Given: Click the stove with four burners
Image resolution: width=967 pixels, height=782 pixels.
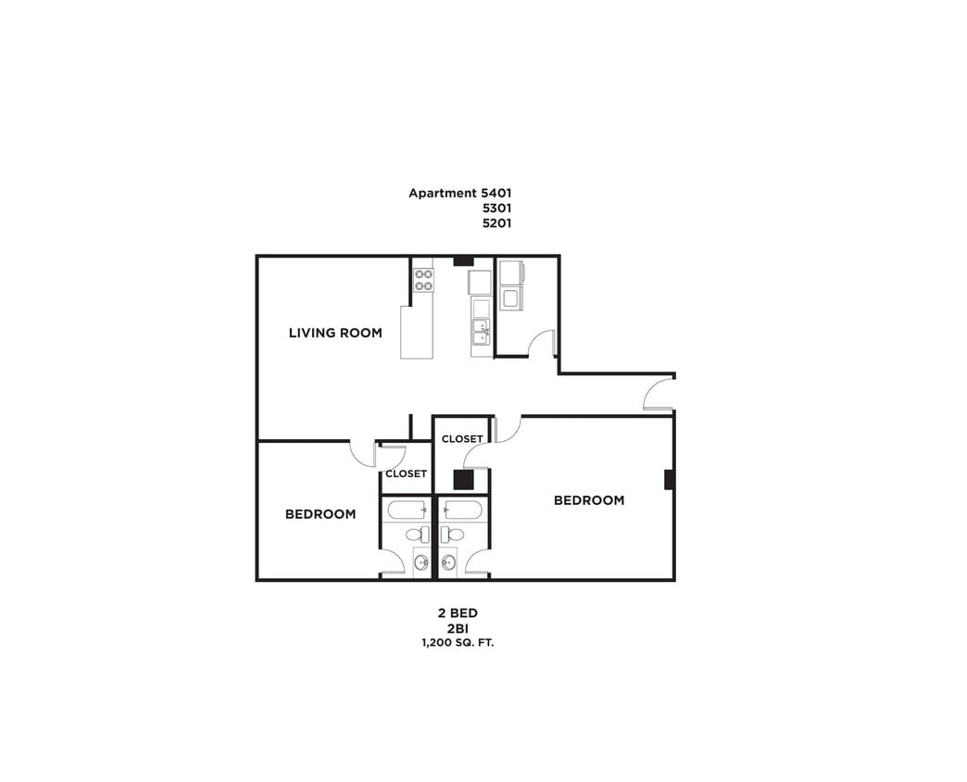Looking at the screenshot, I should click(x=423, y=280).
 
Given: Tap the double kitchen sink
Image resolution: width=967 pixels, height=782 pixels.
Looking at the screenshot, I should click(x=482, y=332).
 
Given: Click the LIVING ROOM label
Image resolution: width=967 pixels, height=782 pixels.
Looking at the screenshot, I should click(x=335, y=333).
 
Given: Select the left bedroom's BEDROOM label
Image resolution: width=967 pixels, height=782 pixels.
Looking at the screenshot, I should click(x=320, y=514).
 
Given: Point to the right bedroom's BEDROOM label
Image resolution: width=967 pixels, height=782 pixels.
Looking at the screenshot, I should click(x=589, y=500).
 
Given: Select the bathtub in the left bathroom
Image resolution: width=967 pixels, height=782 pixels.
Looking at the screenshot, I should click(x=407, y=510).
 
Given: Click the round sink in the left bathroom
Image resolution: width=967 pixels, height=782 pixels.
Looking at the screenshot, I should click(x=421, y=562).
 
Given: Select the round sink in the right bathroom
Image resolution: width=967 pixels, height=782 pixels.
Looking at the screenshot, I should click(x=449, y=562).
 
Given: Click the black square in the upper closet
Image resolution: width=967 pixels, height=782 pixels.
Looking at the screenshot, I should click(x=463, y=480).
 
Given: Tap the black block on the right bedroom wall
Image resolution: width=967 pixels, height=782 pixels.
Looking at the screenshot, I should click(x=669, y=480).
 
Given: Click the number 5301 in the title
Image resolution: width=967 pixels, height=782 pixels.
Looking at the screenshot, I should click(x=496, y=208).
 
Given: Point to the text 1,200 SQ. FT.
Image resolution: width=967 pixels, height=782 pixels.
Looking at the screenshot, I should click(x=458, y=642).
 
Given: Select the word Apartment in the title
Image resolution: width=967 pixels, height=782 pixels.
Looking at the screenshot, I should click(x=443, y=194).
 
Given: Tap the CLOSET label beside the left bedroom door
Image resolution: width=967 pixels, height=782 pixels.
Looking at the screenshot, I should click(x=406, y=473).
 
